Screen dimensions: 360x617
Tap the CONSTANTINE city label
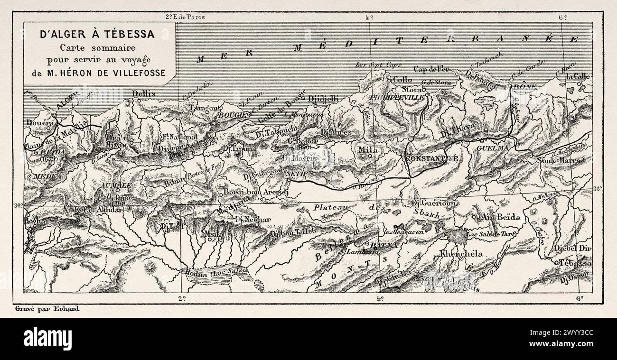[431, 159]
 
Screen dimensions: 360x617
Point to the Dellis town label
[144, 94]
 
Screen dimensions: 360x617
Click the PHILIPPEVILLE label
[399, 97]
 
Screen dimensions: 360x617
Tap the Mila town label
[368, 150]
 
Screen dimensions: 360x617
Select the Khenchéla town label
[461, 254]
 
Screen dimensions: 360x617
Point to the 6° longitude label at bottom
[580, 298]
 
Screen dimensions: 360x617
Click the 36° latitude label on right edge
[598, 188]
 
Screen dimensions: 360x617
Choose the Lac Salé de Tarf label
[491, 234]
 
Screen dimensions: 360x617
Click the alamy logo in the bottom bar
[47, 339]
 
